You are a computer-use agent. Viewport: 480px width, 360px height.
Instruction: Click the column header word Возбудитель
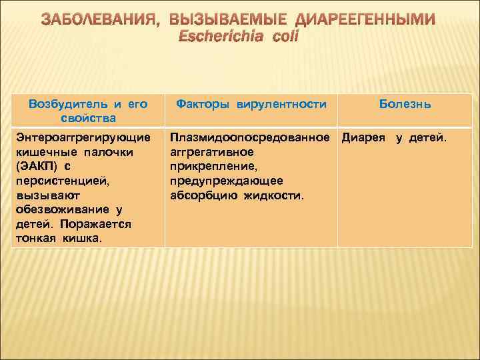(66, 104)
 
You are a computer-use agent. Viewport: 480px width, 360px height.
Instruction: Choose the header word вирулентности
(278, 104)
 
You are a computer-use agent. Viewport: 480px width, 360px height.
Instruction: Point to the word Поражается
(97, 223)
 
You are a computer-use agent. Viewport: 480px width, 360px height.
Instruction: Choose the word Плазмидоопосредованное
(251, 138)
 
